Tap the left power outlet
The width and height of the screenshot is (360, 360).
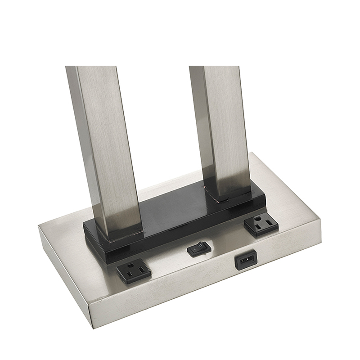(x=133, y=272)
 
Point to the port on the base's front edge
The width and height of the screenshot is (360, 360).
(x=245, y=261)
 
